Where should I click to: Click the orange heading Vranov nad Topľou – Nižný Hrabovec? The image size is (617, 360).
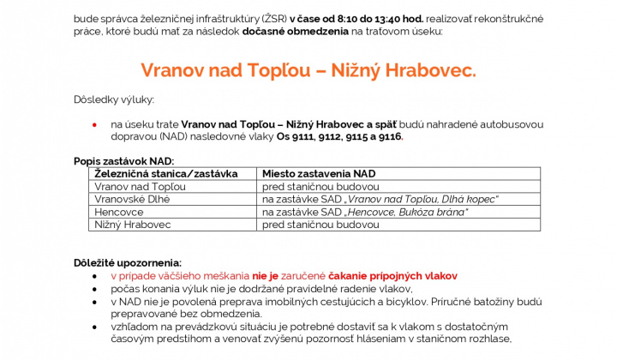[x=308, y=69]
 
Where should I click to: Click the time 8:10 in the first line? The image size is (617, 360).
[x=350, y=17]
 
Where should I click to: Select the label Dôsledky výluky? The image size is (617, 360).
[x=114, y=99]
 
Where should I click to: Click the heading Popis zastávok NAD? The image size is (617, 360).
[x=124, y=161]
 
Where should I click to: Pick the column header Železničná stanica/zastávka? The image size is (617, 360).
[x=165, y=173]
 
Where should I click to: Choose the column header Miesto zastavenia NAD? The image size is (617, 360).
[x=319, y=173]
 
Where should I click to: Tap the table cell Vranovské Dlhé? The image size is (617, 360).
[x=132, y=199]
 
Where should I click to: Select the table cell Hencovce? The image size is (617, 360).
[x=119, y=212]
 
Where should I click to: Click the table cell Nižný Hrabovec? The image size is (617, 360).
[x=133, y=225]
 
